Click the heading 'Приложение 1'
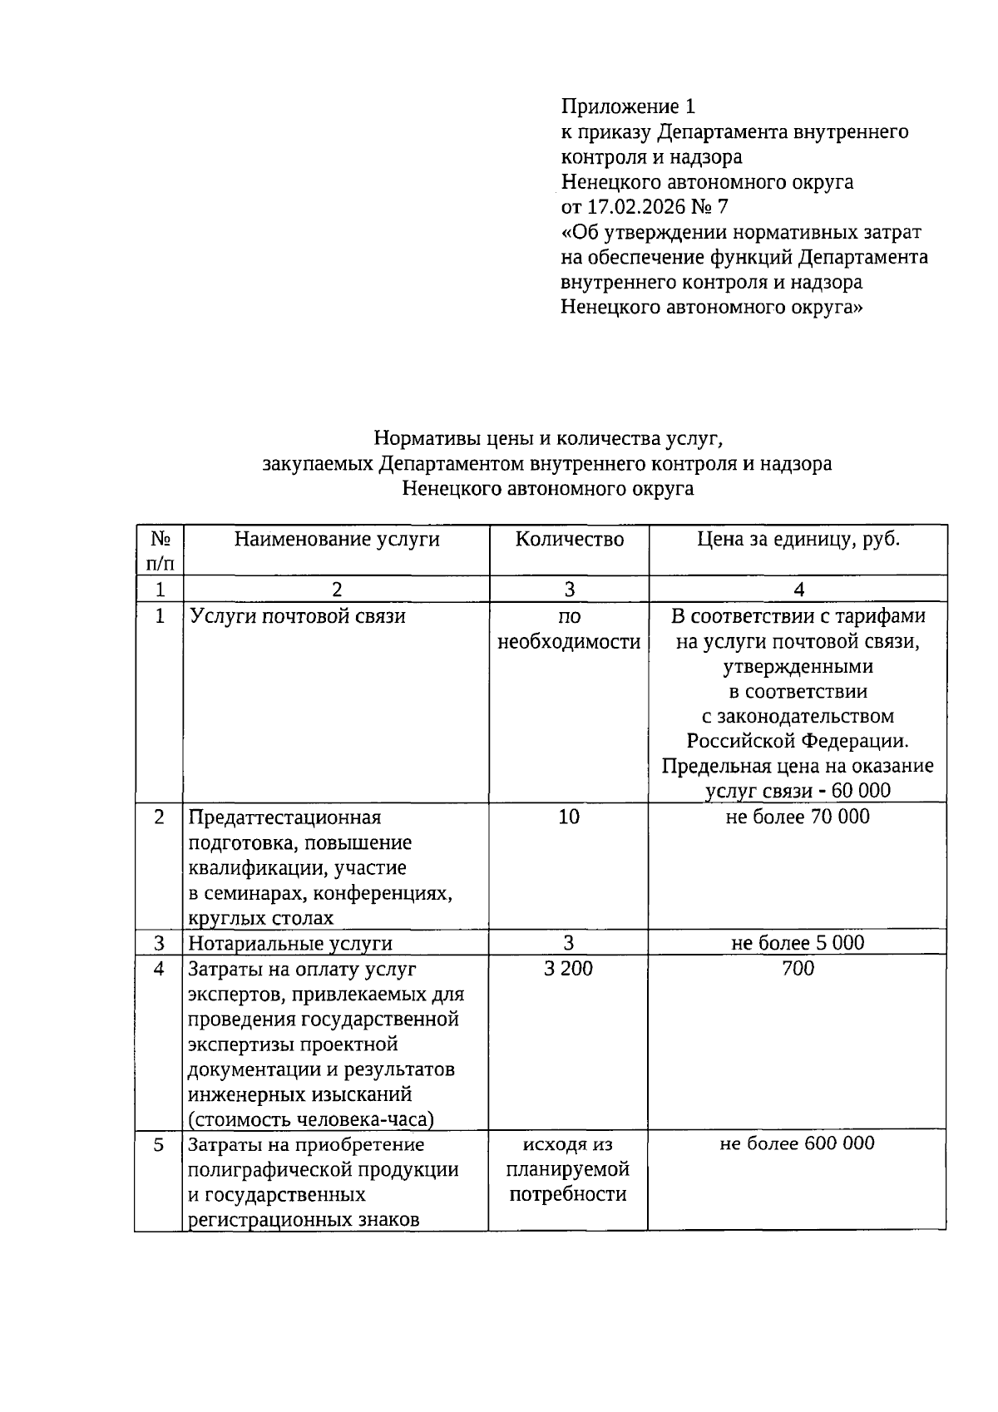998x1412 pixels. [628, 106]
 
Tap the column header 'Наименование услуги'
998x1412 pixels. [336, 540]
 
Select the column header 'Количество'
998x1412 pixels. [569, 540]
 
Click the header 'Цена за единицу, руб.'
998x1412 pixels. [798, 540]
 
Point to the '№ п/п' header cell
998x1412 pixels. [160, 550]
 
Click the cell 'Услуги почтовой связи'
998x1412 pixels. [297, 616]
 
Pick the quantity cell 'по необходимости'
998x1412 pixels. [569, 629]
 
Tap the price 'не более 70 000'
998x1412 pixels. [798, 817]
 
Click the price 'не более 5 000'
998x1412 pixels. [798, 942]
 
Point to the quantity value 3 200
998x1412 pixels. [569, 968]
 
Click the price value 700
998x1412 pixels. [798, 968]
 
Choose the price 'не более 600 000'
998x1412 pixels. [798, 1143]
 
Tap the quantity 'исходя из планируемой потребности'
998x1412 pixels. [569, 1169]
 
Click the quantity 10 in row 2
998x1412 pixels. [569, 817]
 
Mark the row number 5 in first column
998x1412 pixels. [160, 1145]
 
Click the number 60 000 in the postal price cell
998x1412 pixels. [856, 790]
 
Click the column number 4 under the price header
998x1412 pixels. [798, 590]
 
